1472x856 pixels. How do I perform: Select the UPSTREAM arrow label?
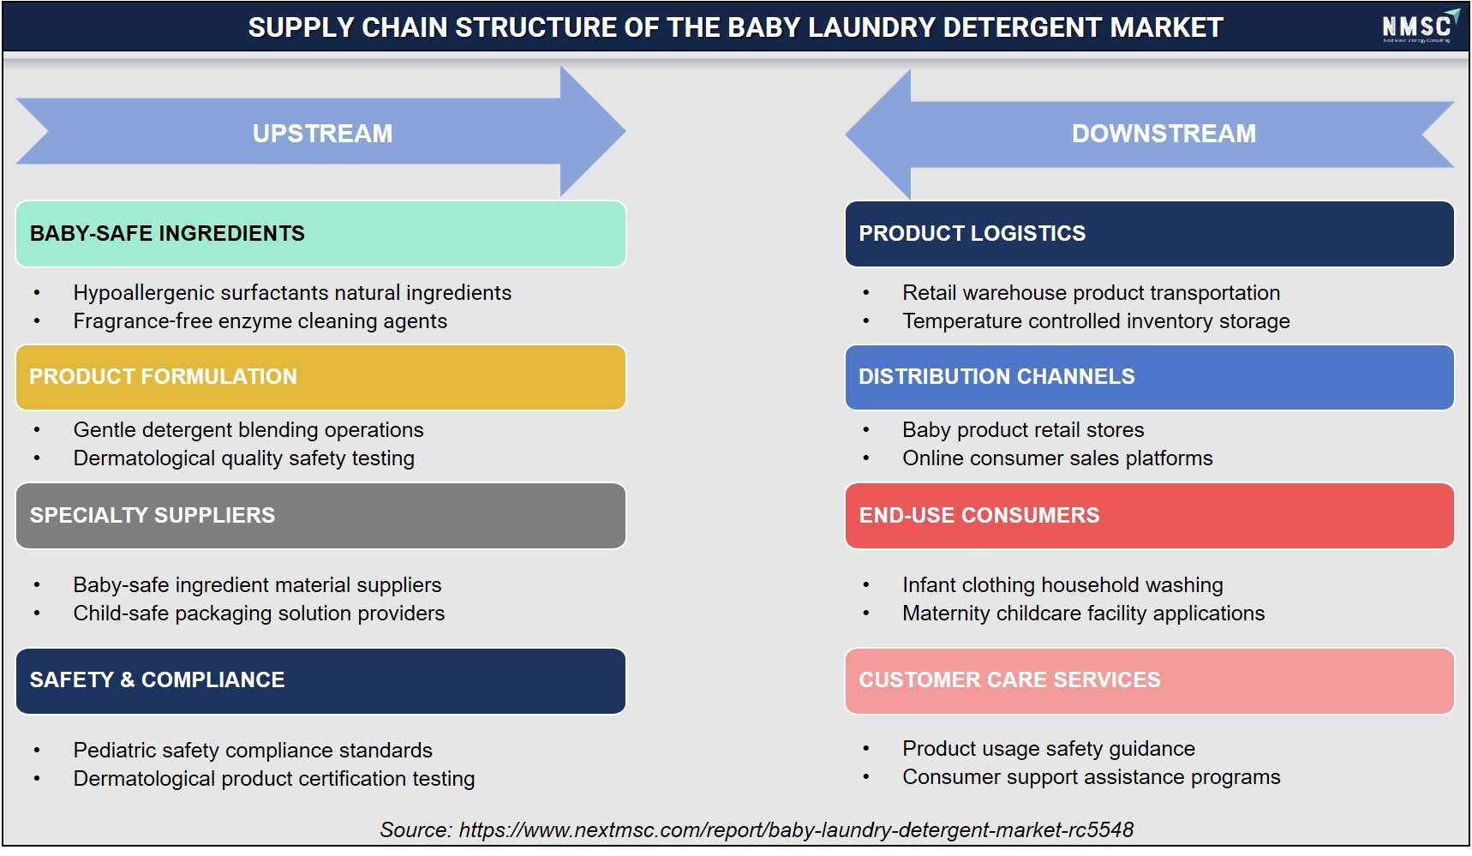[x=322, y=134]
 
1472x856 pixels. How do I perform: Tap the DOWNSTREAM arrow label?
[x=1164, y=134]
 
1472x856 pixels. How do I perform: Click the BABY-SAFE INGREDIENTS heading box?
[x=320, y=234]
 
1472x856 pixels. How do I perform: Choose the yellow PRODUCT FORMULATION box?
[x=320, y=377]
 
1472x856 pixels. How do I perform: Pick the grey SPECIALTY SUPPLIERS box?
[x=320, y=516]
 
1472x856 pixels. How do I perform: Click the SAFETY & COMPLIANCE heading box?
[x=320, y=681]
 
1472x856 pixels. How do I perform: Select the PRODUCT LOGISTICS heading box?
[x=1149, y=234]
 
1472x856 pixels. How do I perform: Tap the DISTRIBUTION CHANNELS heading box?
[x=1149, y=377]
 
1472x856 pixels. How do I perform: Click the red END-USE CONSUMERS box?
[x=1149, y=516]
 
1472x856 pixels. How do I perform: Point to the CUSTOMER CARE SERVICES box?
[x=1149, y=681]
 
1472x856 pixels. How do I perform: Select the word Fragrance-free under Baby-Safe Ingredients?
[x=142, y=321]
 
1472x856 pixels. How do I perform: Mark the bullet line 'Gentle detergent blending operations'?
[x=248, y=430]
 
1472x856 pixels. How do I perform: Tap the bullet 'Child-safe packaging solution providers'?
[x=259, y=614]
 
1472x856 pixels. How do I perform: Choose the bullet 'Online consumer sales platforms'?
[x=1057, y=458]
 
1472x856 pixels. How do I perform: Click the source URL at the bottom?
[x=796, y=830]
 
